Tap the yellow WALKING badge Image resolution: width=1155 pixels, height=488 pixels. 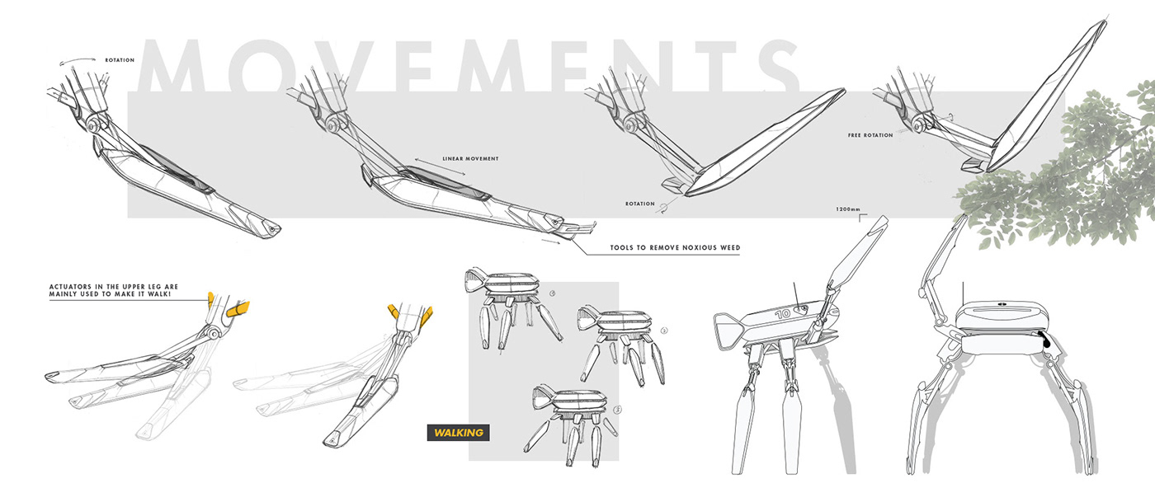(455, 432)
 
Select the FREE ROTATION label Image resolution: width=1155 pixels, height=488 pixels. (870, 135)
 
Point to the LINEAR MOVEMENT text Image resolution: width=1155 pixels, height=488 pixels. (470, 158)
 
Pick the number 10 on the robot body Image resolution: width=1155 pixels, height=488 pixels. (783, 313)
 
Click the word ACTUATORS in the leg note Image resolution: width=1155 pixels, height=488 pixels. (69, 287)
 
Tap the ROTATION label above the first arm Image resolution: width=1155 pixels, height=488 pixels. (120, 60)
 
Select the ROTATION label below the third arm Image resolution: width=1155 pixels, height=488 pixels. (639, 204)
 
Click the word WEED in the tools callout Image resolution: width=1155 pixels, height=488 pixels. (728, 247)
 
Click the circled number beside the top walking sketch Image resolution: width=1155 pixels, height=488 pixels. (552, 293)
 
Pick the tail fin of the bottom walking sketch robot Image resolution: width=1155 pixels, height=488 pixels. (544, 391)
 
